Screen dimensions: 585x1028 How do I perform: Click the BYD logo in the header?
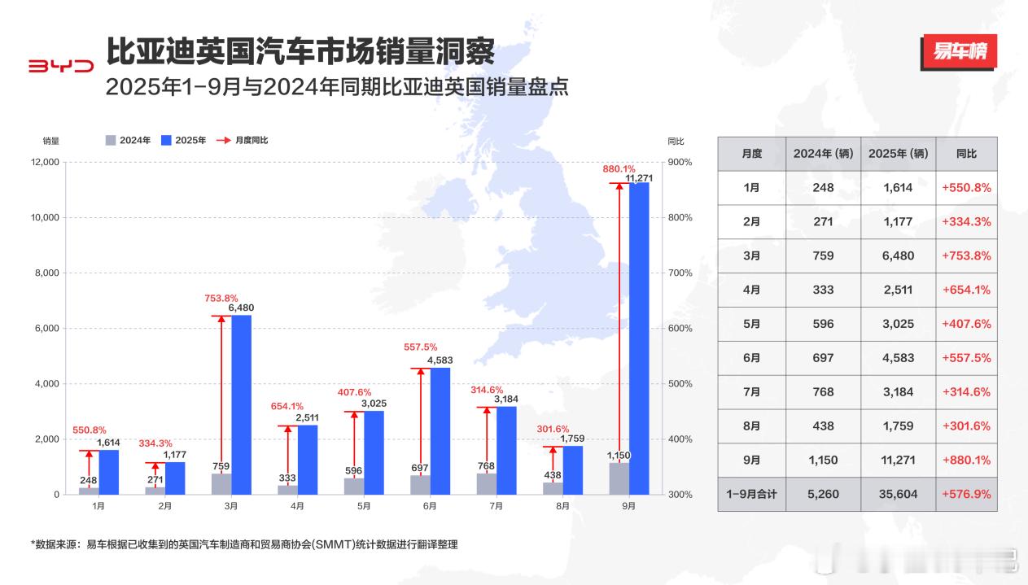pyautogui.click(x=62, y=67)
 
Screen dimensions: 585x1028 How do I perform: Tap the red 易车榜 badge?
pyautogui.click(x=959, y=53)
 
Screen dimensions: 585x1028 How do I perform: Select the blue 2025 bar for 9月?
pyautogui.click(x=639, y=338)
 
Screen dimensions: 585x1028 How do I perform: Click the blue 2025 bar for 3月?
pyautogui.click(x=241, y=404)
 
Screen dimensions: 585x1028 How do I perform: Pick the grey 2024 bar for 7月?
pyautogui.click(x=487, y=483)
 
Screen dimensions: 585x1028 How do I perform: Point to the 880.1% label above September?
pyautogui.click(x=619, y=169)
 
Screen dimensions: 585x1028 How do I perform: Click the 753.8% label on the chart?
pyautogui.click(x=221, y=298)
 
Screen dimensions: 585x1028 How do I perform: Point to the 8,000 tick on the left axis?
pyautogui.click(x=45, y=273)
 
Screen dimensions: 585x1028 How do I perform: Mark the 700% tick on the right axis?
pyautogui.click(x=680, y=273)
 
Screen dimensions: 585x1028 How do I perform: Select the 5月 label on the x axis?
pyautogui.click(x=363, y=506)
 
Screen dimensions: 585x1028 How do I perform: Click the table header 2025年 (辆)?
pyautogui.click(x=898, y=154)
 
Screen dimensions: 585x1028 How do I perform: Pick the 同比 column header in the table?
pyautogui.click(x=966, y=154)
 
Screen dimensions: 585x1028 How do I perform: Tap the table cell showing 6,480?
pyautogui.click(x=898, y=255)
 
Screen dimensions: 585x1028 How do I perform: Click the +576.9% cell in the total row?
pyautogui.click(x=966, y=494)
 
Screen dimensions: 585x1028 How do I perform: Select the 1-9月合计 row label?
pyautogui.click(x=751, y=494)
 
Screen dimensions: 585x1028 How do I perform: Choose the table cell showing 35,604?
pyautogui.click(x=898, y=494)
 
